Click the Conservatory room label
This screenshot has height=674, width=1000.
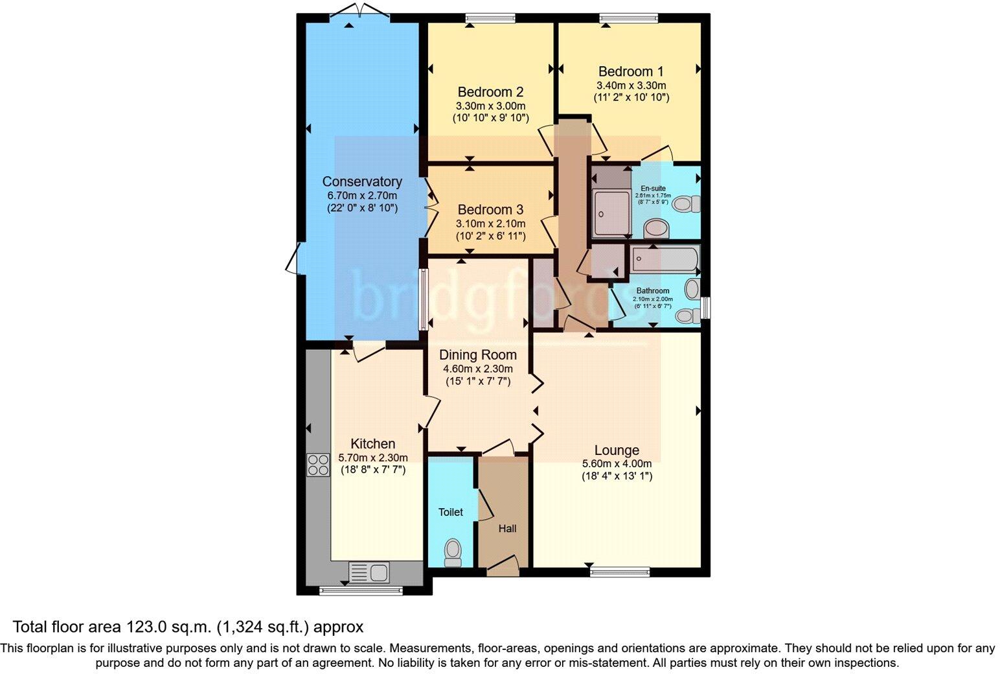(362, 181)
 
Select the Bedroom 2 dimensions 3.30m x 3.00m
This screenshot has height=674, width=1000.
(490, 106)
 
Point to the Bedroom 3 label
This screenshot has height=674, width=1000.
(490, 209)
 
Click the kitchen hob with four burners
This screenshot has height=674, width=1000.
(318, 465)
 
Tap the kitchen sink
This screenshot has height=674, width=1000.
(369, 572)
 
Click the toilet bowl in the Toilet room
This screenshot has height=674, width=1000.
(453, 551)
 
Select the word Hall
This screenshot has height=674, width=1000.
(507, 529)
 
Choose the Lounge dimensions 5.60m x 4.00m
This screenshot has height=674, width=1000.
(617, 463)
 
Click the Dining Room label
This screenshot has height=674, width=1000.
(478, 354)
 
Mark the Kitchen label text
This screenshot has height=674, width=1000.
(372, 443)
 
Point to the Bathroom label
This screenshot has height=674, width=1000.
(652, 291)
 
